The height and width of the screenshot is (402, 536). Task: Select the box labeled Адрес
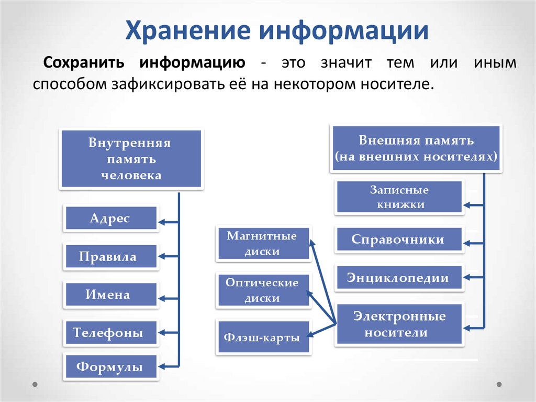[111, 218]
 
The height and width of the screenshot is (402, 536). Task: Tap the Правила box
[111, 256]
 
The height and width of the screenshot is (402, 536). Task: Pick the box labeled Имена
[111, 295]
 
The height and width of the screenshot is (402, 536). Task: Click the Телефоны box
[111, 332]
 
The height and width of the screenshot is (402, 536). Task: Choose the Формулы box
[111, 367]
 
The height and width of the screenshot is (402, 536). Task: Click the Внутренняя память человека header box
[131, 159]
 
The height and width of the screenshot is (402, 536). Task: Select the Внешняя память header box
[416, 148]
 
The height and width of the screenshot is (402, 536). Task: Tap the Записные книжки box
[399, 197]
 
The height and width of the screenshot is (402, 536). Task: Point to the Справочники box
[399, 240]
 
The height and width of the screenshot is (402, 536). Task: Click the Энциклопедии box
[399, 278]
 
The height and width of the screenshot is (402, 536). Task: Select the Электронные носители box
[399, 324]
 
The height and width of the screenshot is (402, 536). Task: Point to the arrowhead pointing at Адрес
[162, 222]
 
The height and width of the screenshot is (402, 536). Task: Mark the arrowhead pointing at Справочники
[467, 243]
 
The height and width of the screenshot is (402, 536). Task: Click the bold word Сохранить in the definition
[84, 63]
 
